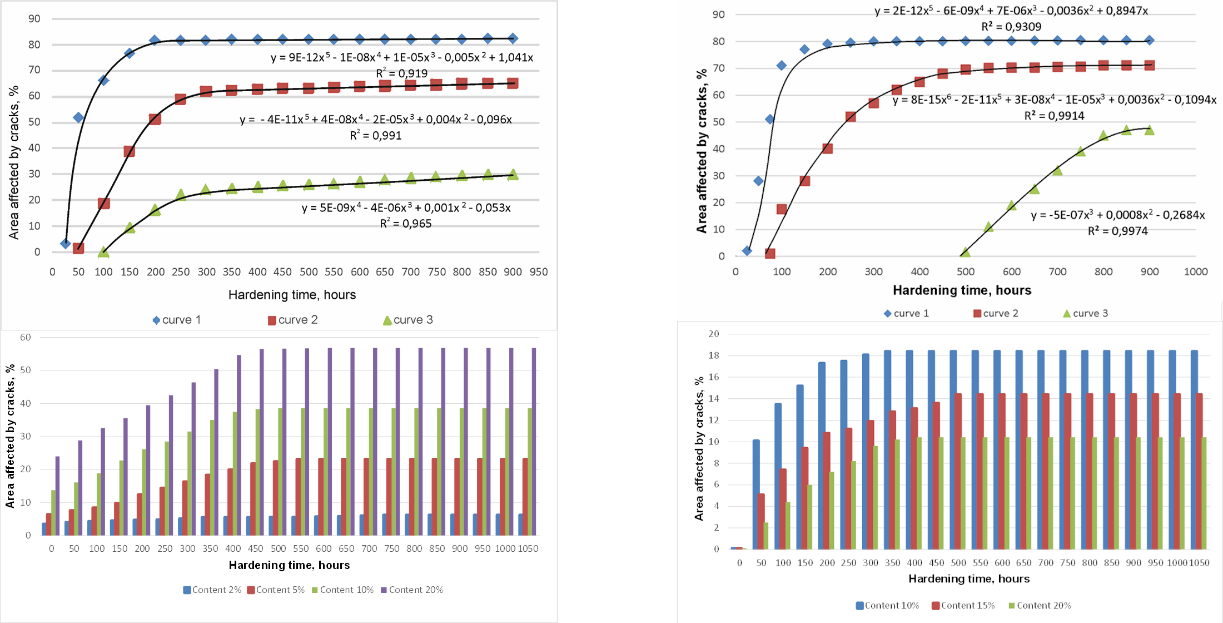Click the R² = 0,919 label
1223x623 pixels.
(401, 73)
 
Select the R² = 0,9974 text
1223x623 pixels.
(1117, 231)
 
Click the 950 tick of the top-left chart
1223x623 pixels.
(538, 272)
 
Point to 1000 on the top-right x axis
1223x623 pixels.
(1195, 271)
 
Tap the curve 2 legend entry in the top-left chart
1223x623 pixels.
(292, 320)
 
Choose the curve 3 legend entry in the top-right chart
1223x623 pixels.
(1085, 313)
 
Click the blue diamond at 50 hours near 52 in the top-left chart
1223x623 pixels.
(78, 117)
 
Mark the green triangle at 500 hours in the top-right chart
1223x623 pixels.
(965, 253)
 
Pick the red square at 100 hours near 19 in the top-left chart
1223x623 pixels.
(103, 204)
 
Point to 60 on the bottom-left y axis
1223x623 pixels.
(26, 337)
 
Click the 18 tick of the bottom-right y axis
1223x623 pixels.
(713, 355)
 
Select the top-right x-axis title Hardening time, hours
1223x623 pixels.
(962, 290)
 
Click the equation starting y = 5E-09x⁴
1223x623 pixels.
(406, 208)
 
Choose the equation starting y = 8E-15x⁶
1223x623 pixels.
(1054, 100)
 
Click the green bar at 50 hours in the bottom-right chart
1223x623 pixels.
(766, 535)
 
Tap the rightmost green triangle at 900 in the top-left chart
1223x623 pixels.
(513, 175)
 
